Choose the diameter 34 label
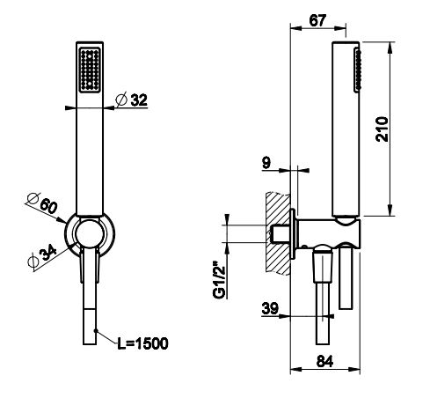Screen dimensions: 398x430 click(41, 260)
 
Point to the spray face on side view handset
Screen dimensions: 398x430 click(357, 71)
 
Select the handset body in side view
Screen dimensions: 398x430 click(342, 132)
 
